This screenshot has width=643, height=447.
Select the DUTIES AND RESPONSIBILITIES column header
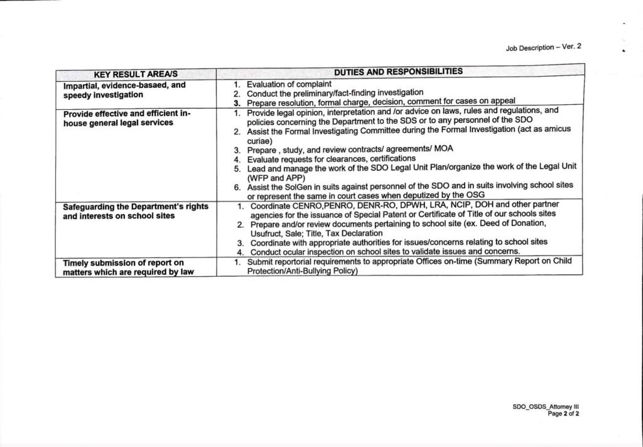[398, 72]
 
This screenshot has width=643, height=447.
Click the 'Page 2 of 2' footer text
[563, 414]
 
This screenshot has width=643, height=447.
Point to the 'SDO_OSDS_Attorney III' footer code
[550, 407]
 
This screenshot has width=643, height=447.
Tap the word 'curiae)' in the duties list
[259, 142]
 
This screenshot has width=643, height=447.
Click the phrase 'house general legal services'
[118, 123]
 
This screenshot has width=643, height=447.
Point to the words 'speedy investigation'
[103, 95]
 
